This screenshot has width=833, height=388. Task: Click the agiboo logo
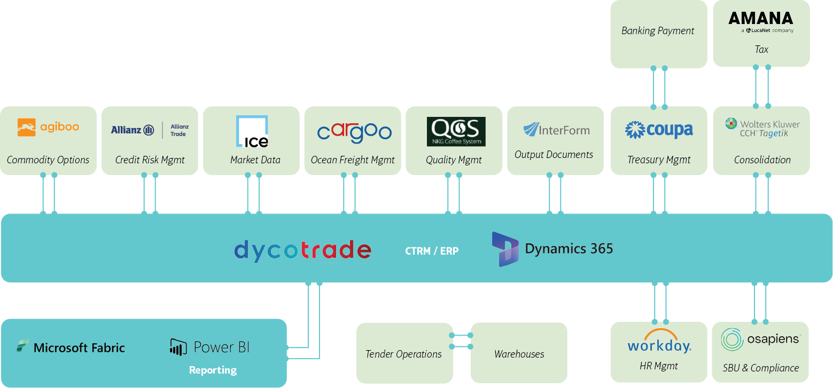coord(48,128)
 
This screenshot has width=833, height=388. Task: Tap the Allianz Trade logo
coord(150,130)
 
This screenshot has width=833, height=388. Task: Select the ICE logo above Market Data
coord(252,131)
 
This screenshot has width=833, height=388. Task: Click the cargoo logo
coord(354,132)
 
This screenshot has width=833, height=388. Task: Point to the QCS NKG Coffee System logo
coord(456,131)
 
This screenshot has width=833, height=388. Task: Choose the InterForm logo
coord(556,130)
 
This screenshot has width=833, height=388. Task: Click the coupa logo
coord(659,130)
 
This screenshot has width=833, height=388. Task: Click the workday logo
coord(659,342)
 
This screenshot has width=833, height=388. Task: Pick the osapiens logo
coord(760,339)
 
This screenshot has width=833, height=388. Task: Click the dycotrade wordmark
coord(302,250)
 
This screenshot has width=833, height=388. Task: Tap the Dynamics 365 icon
coord(505,249)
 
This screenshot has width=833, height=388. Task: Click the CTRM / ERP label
coord(432,251)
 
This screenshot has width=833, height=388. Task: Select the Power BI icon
coord(177,347)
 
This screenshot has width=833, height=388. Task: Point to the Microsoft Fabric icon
coord(22,346)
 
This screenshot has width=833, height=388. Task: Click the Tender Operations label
coord(403,354)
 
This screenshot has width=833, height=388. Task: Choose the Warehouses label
coord(519,354)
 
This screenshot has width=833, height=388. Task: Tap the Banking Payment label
coord(658,31)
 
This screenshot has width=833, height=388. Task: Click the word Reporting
coord(213,370)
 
